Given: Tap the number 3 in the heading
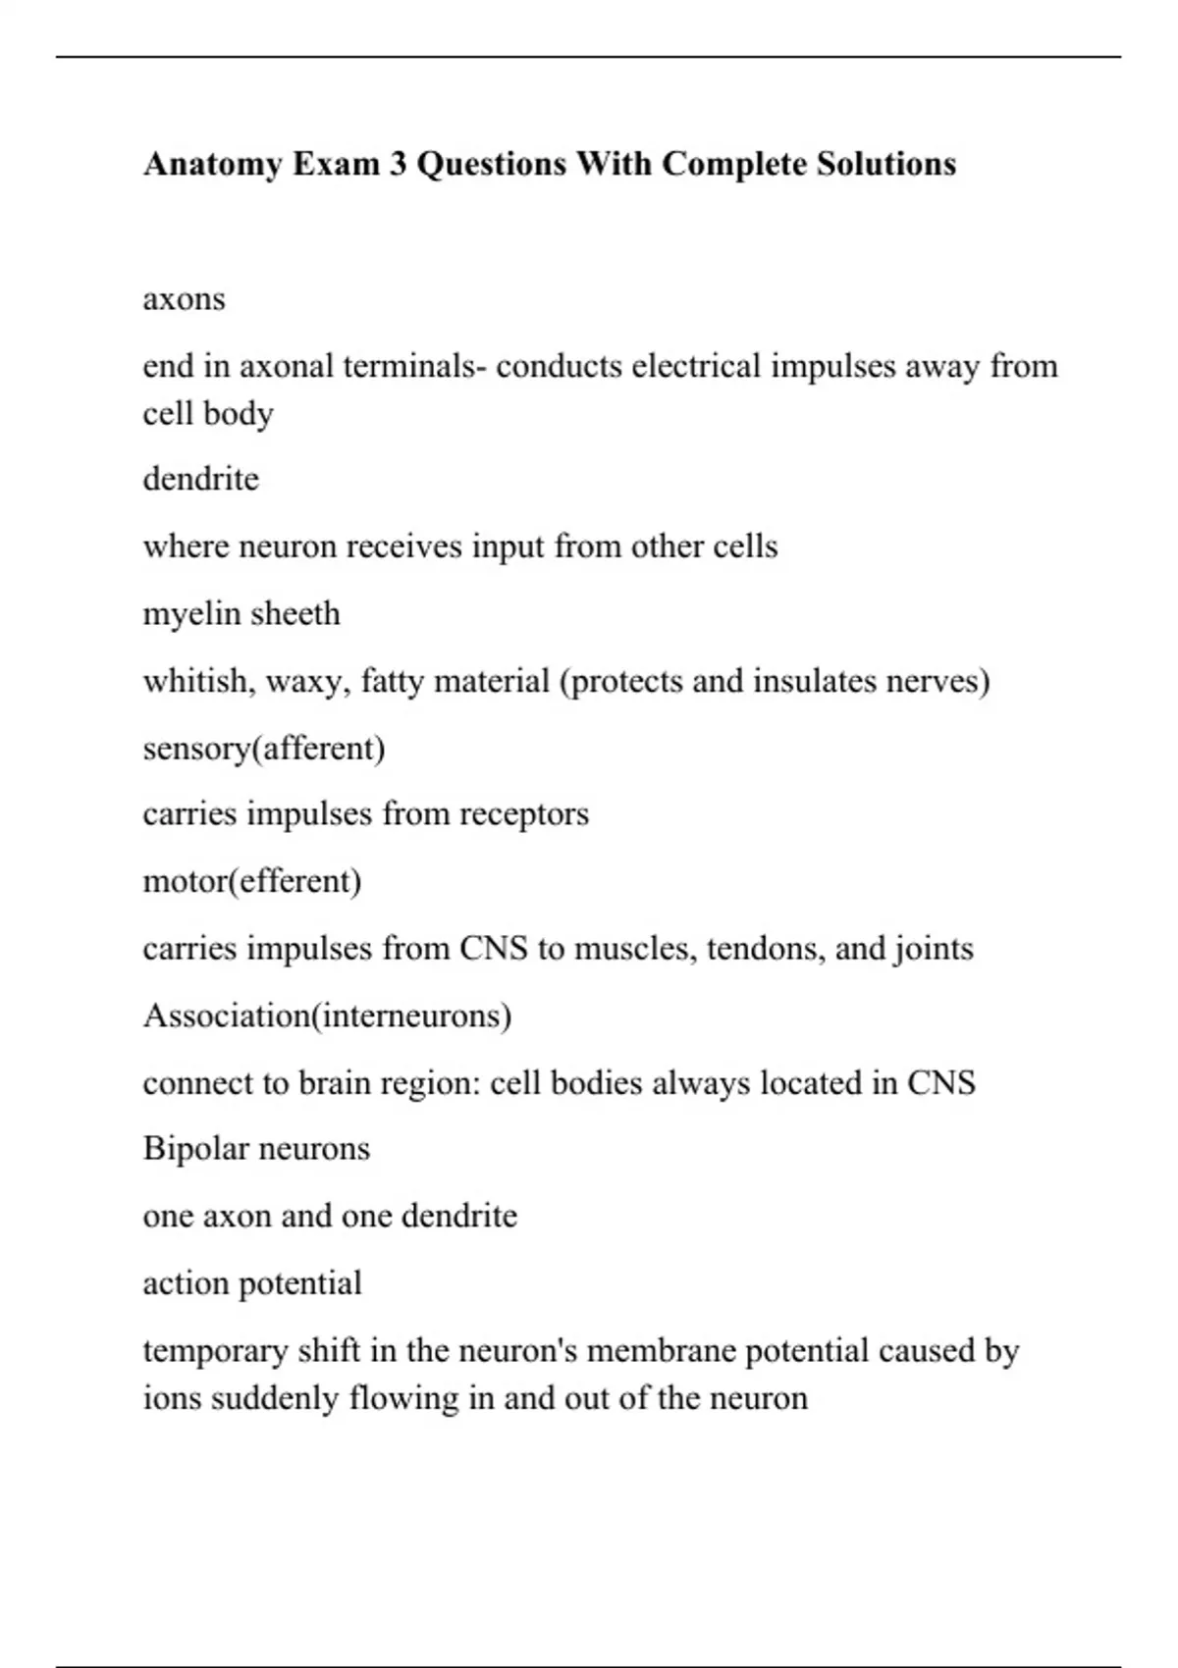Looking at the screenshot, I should tap(397, 164).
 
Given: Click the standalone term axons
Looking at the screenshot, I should tap(184, 298).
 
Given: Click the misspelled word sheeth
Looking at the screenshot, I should tap(296, 613).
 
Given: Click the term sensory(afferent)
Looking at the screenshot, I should tap(263, 749).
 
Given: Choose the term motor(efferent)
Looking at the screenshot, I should tap(251, 881).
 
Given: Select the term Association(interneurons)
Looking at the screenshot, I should tap(327, 1016).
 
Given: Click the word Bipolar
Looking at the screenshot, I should tap(195, 1148).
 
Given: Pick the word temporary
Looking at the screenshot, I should tap(215, 1351).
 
